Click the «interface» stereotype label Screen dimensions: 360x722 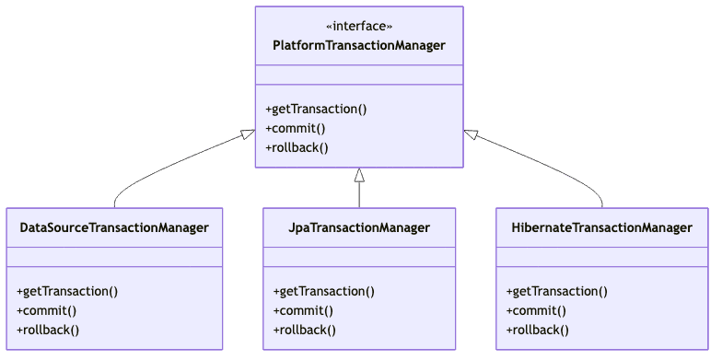[x=359, y=26]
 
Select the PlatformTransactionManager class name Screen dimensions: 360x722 [x=359, y=45]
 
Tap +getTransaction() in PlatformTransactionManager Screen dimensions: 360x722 [x=316, y=109]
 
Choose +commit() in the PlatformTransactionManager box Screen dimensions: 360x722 [x=296, y=128]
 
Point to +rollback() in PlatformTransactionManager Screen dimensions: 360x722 [x=297, y=147]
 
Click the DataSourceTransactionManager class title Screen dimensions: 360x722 [x=114, y=227]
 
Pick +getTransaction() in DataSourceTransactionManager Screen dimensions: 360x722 [x=67, y=291]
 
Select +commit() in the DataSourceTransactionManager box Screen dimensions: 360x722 [x=46, y=310]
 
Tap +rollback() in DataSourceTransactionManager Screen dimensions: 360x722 [x=48, y=330]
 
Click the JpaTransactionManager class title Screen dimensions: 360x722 [x=359, y=227]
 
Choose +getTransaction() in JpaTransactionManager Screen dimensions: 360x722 [x=323, y=291]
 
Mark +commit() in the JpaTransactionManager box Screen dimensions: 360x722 [x=303, y=310]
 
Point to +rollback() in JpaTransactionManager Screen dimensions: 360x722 [x=304, y=330]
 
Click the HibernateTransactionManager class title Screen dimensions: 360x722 [x=602, y=227]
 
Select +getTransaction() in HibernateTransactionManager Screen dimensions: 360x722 [x=556, y=291]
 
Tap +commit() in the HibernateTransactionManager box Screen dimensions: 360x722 [x=536, y=310]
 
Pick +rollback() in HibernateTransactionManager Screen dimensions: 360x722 [x=537, y=330]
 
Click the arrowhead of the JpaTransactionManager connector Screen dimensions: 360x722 [x=359, y=176]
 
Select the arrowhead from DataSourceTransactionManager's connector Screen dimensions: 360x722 [x=248, y=134]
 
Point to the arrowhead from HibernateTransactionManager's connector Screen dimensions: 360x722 [x=471, y=134]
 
